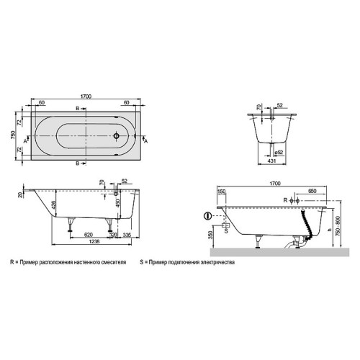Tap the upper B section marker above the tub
pyautogui.click(x=78, y=108)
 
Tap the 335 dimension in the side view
pyautogui.click(x=127, y=234)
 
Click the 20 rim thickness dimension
pyautogui.click(x=19, y=194)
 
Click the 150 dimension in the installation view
pyautogui.click(x=221, y=192)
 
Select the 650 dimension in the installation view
pyautogui.click(x=311, y=192)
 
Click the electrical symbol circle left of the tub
pyautogui.click(x=208, y=215)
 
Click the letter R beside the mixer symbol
pyautogui.click(x=285, y=198)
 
